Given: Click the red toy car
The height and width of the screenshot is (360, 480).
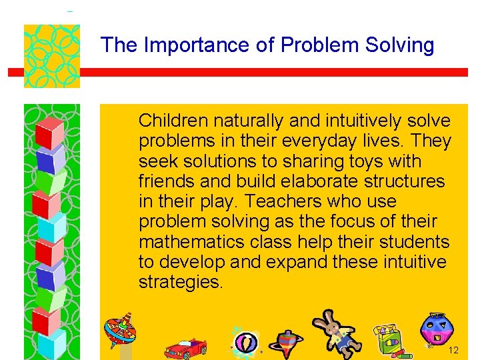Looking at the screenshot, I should tap(185, 347).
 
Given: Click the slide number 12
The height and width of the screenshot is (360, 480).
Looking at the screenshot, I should tap(454, 351).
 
